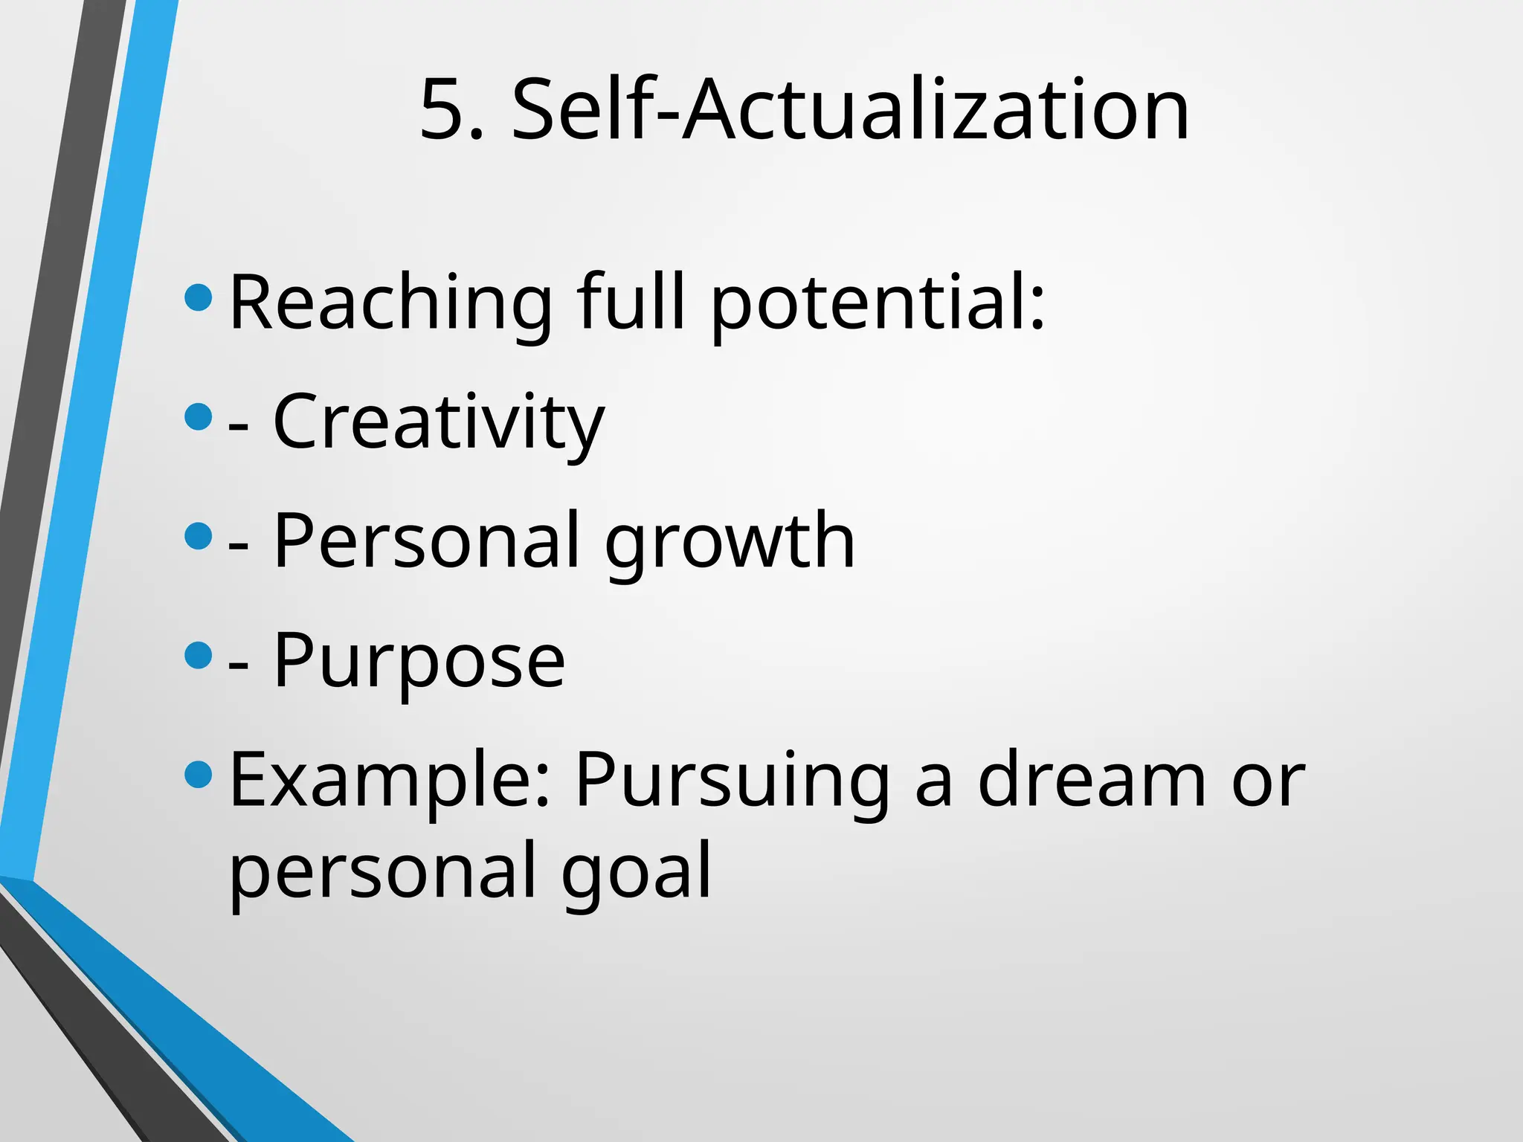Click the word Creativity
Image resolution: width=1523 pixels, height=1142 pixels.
(x=439, y=422)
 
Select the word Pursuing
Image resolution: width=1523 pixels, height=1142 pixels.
(x=732, y=781)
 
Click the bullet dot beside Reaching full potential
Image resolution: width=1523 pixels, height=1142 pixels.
(x=198, y=298)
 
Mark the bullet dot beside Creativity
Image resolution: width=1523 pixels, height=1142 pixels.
(x=198, y=416)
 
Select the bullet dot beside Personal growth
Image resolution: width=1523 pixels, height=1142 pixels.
(x=198, y=535)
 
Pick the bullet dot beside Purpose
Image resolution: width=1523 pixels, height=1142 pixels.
(x=198, y=655)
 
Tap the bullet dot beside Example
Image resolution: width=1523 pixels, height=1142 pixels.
(x=198, y=775)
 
